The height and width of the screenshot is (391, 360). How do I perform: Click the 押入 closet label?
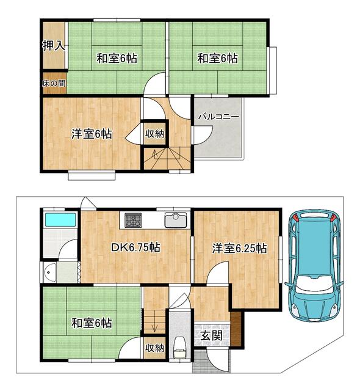click(x=54, y=46)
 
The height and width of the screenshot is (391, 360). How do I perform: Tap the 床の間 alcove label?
click(x=54, y=82)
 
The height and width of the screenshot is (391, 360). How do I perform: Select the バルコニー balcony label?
click(x=218, y=117)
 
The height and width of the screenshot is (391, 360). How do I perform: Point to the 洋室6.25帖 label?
click(x=239, y=248)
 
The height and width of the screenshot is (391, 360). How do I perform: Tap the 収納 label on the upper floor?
click(x=154, y=133)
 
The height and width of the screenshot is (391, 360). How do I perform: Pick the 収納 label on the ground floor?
click(x=154, y=348)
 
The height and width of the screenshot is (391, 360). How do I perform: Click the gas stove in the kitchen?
click(x=133, y=219)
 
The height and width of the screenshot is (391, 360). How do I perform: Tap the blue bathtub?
click(x=60, y=219)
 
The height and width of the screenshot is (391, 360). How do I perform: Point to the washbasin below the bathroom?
click(x=51, y=270)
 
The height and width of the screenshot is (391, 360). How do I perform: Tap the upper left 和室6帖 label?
click(x=117, y=59)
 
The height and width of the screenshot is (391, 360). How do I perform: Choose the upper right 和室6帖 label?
click(x=217, y=59)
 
